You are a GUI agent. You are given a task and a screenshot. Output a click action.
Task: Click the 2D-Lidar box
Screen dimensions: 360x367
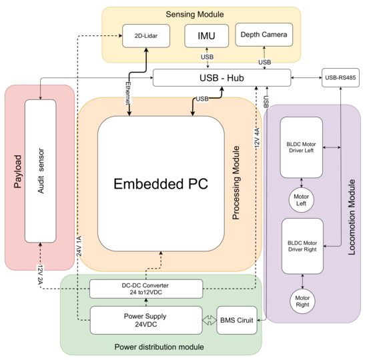point(146,35)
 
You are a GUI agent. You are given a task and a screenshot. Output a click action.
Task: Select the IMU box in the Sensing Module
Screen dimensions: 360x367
point(207,35)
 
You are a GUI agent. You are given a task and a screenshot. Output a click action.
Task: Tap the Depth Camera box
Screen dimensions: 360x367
point(264,35)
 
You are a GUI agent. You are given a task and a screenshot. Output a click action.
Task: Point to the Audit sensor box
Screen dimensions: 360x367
point(41,172)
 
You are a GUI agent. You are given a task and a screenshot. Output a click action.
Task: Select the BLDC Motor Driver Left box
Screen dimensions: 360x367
point(301,147)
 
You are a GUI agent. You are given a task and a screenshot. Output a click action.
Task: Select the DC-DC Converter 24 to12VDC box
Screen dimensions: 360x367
point(145,289)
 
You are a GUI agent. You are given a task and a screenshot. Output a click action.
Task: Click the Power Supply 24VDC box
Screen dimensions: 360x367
point(145,320)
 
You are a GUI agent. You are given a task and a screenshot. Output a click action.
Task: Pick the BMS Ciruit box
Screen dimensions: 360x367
point(237,321)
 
